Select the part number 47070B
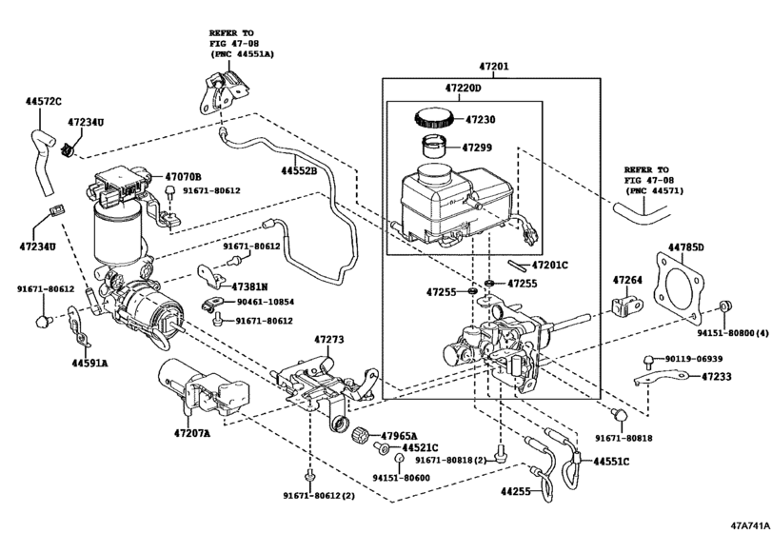tap(183, 176)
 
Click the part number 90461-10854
tap(267, 303)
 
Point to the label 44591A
tap(89, 363)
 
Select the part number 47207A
tap(193, 433)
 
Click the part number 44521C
tap(419, 446)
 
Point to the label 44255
tap(518, 492)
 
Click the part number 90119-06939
tap(694, 359)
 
